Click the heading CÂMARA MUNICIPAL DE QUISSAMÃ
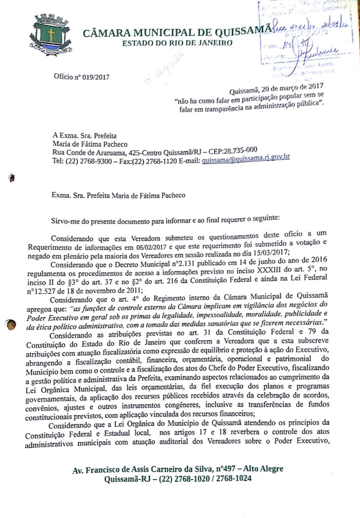(x=177, y=33)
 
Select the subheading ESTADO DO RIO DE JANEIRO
(x=178, y=43)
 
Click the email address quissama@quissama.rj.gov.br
(x=246, y=160)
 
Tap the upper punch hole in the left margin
(x=11, y=178)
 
